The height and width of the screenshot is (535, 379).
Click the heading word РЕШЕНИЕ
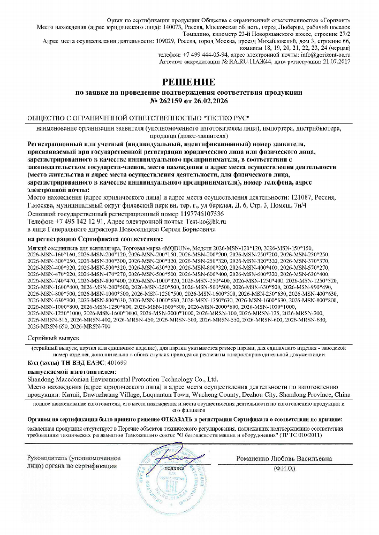pos(189,82)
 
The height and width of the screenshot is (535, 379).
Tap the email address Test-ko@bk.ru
pos(208,221)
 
